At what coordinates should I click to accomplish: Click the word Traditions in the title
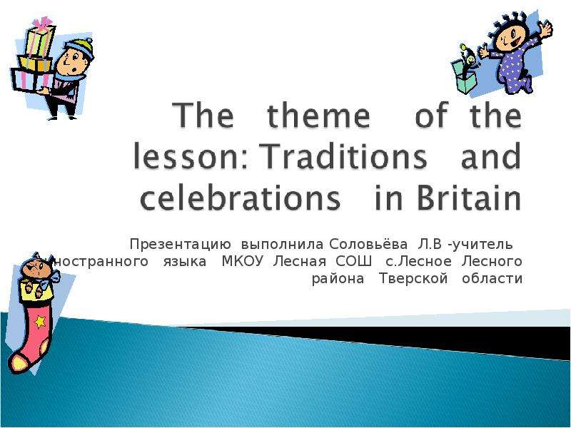pos(345,156)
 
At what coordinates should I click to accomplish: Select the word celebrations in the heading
pos(240,198)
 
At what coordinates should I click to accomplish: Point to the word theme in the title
pos(318,115)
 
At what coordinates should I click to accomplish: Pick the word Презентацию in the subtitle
pos(181,245)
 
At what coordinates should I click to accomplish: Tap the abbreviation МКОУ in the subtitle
pos(242,261)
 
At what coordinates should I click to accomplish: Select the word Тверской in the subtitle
pos(413,278)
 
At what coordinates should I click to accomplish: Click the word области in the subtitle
pos(492,279)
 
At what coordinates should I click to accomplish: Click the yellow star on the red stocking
pos(39,322)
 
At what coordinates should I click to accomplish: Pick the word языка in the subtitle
pos(185,262)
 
